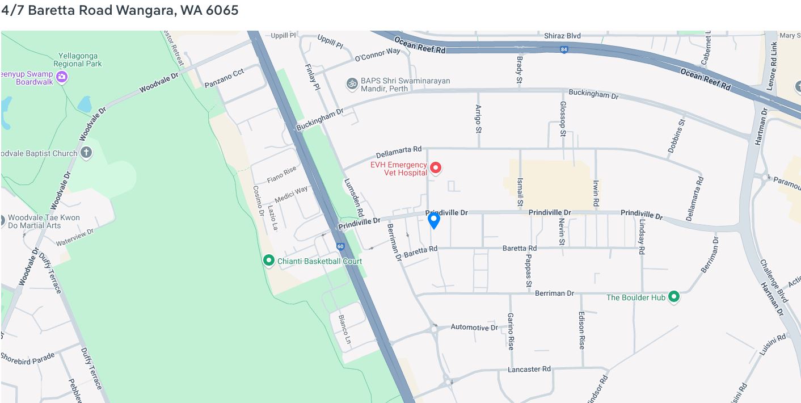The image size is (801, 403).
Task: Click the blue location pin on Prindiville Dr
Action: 433,220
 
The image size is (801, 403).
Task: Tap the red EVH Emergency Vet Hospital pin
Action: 436,167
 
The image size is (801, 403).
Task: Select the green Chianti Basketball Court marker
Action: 269,261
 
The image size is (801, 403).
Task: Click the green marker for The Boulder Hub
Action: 674,296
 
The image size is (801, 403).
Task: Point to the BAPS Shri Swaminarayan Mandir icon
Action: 352,84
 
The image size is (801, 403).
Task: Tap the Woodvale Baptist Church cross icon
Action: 86,152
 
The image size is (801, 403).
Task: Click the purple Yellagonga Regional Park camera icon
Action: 62,76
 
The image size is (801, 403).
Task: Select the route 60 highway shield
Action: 340,246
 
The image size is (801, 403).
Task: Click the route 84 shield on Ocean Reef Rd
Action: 563,49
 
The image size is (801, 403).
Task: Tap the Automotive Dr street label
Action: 474,328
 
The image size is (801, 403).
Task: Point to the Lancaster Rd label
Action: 529,369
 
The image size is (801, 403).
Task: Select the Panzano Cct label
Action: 224,78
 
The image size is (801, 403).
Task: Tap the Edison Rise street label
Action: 581,329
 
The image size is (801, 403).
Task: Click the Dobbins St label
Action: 676,136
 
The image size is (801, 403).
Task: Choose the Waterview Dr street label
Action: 75,237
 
